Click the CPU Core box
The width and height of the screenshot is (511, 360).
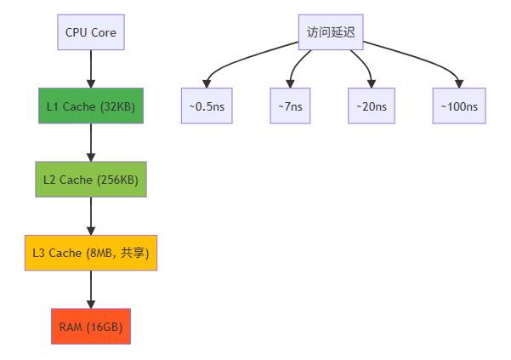point(91,33)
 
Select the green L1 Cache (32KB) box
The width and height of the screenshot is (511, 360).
point(91,106)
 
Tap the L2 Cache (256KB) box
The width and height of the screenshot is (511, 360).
point(91,180)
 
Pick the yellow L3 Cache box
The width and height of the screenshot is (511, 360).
point(91,253)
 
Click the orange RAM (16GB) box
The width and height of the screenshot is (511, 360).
point(91,326)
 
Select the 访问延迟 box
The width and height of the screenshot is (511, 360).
point(331,33)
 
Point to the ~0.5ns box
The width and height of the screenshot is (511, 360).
point(207,106)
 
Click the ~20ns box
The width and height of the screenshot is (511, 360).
point(372,106)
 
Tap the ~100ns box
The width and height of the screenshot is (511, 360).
point(459,106)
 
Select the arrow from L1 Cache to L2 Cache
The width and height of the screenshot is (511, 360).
point(91,142)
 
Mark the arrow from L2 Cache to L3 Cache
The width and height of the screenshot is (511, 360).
point(91,215)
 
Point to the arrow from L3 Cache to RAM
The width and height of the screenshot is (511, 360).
point(91,289)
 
